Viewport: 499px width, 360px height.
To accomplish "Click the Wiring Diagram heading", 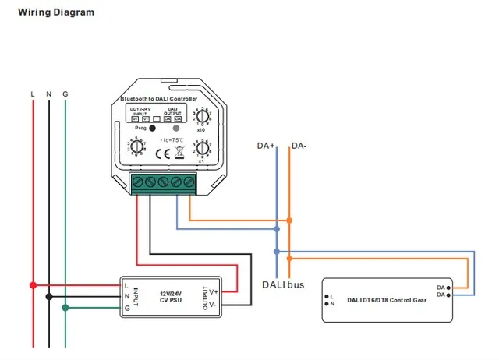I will [56, 12].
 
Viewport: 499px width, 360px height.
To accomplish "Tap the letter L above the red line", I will [32, 94].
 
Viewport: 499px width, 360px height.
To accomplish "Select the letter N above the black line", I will [48, 94].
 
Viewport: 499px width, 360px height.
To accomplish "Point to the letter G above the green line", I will [65, 94].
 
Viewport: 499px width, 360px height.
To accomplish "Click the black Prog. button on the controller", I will [153, 128].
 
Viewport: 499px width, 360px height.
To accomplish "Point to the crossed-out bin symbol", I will [181, 154].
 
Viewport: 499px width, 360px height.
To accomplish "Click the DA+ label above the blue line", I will [267, 146].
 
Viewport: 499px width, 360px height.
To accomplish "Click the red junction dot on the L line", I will [32, 285].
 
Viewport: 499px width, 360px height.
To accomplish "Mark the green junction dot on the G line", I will [65, 308].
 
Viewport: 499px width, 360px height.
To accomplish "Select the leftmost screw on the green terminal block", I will [138, 182].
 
